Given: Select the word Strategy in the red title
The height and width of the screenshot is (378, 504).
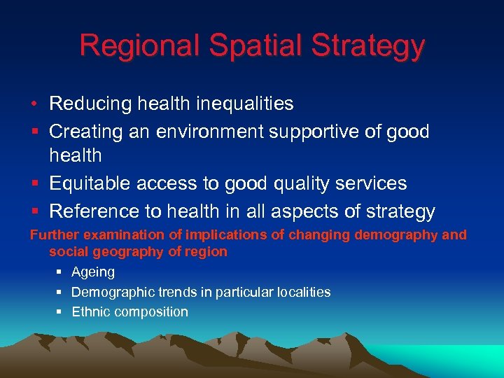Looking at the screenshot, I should (370, 46).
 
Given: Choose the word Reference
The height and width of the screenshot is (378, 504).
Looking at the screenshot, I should (97, 211).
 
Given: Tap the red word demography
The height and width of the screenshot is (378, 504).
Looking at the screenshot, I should (397, 235).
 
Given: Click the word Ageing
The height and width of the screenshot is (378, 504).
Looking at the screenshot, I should (93, 272).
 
